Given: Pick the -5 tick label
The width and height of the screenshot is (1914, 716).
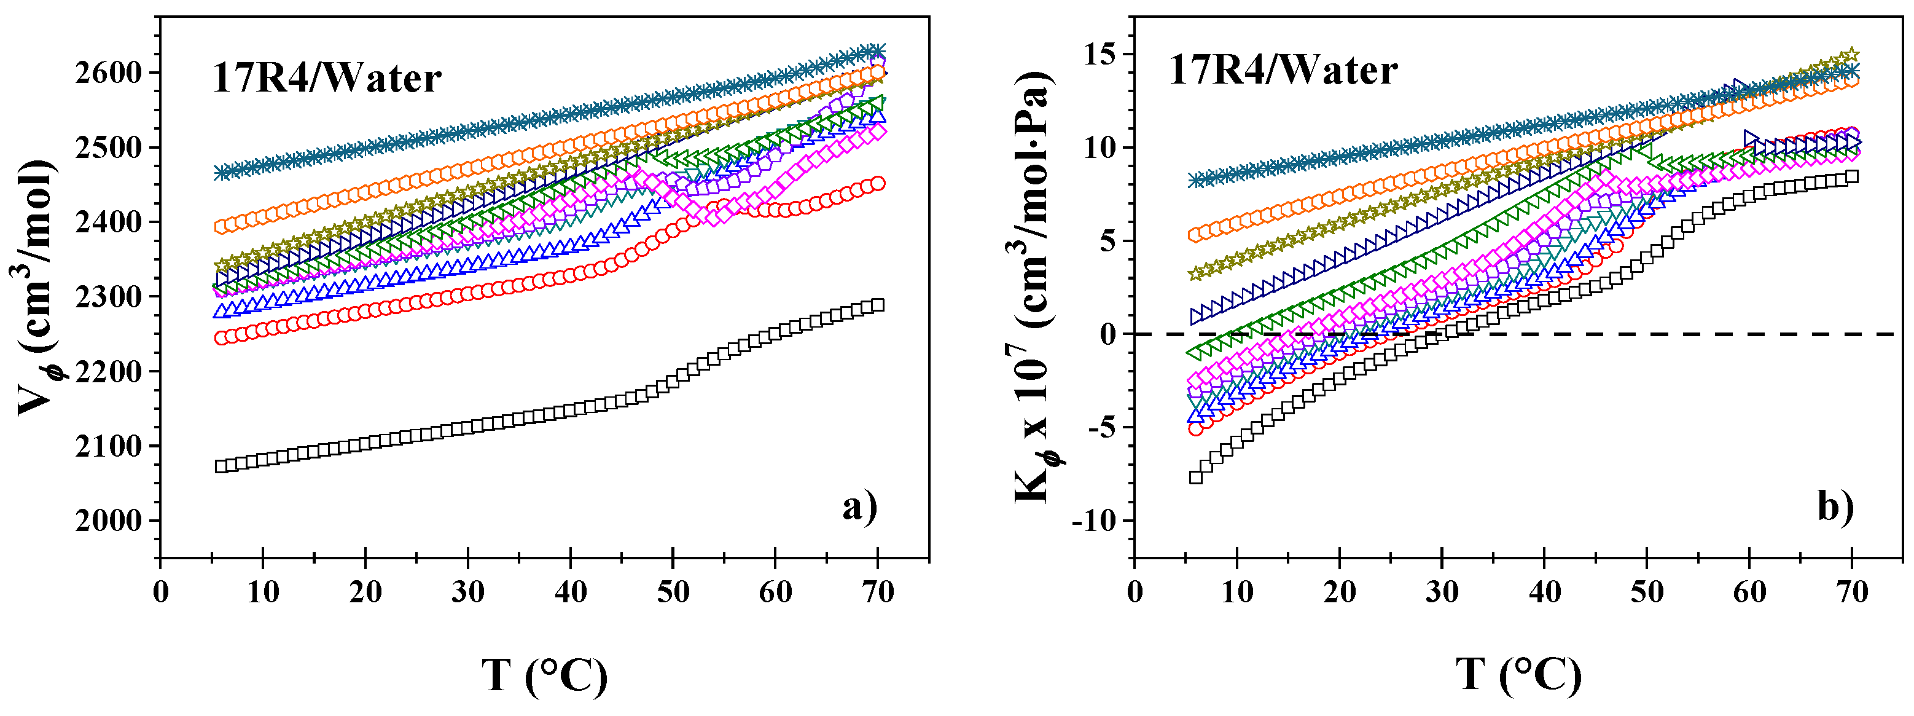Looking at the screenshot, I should (x=1101, y=428).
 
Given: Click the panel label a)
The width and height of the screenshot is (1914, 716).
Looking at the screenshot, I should (x=860, y=508).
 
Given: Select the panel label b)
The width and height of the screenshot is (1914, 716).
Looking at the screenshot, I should (x=1836, y=508).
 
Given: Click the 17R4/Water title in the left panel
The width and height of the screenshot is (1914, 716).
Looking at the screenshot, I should (x=327, y=78).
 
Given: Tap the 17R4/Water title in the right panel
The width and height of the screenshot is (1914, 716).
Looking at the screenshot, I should (x=1283, y=71).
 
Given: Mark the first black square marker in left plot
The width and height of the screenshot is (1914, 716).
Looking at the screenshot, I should (x=221, y=466).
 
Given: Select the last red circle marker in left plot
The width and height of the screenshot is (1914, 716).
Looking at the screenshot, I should (x=878, y=183).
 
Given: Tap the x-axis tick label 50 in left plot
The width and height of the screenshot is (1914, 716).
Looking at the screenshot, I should (x=673, y=592).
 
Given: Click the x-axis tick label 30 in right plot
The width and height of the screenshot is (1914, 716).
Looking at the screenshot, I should (x=1442, y=592).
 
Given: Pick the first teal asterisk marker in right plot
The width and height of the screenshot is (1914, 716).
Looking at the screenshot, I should (x=1195, y=180).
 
